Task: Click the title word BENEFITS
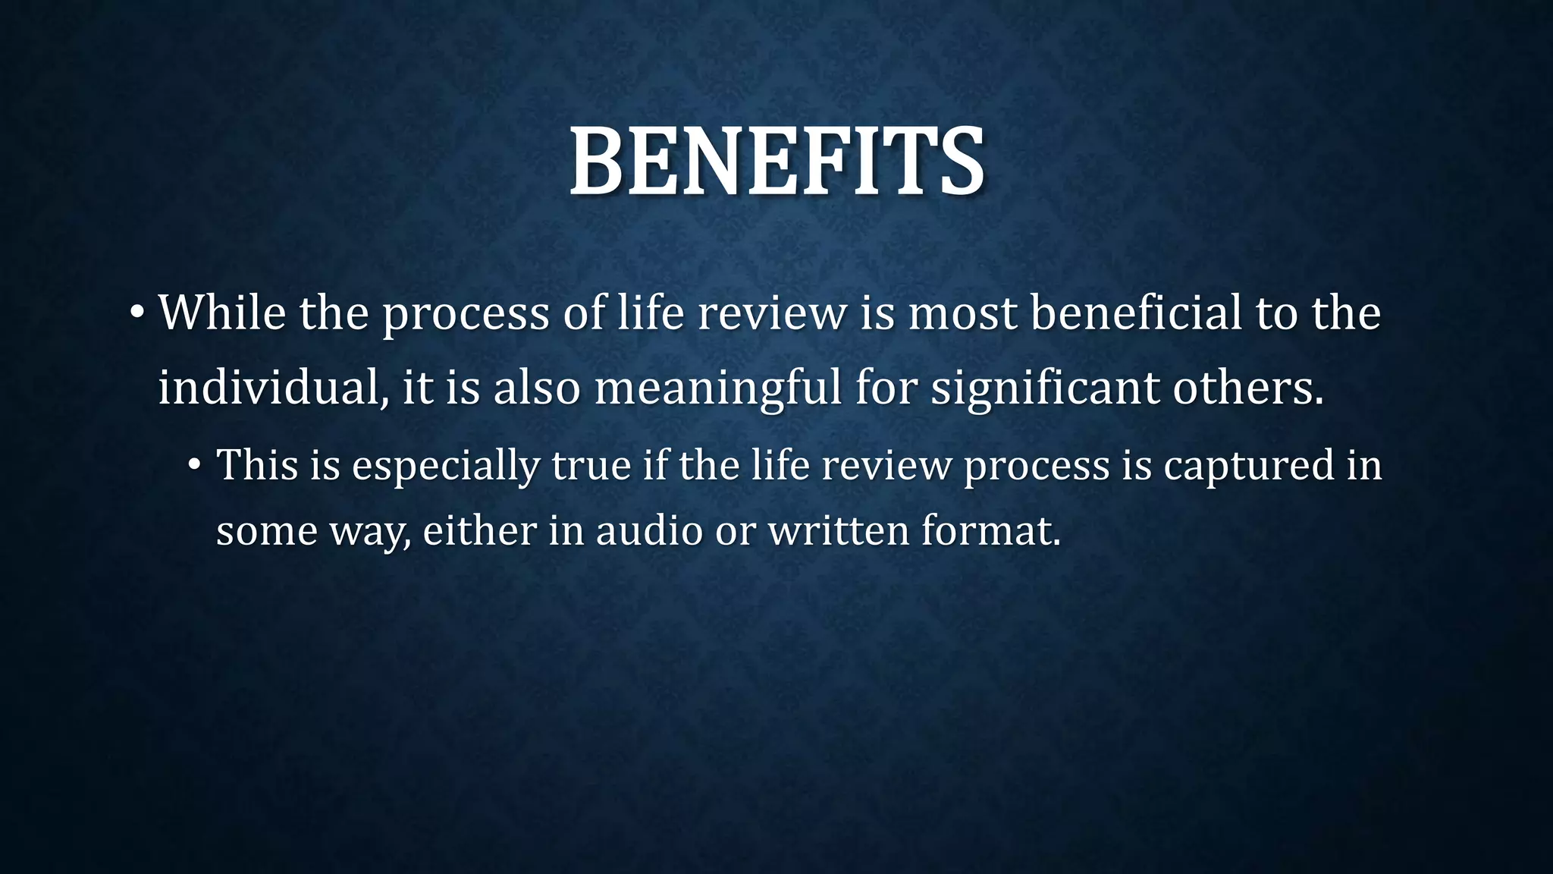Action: click(x=777, y=162)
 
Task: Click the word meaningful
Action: click(x=718, y=388)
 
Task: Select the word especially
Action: click(x=445, y=466)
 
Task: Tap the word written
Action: click(x=839, y=530)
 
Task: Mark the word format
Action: click(x=990, y=530)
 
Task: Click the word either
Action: click(x=479, y=530)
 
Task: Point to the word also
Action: click(x=536, y=387)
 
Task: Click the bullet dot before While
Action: click(x=136, y=313)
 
